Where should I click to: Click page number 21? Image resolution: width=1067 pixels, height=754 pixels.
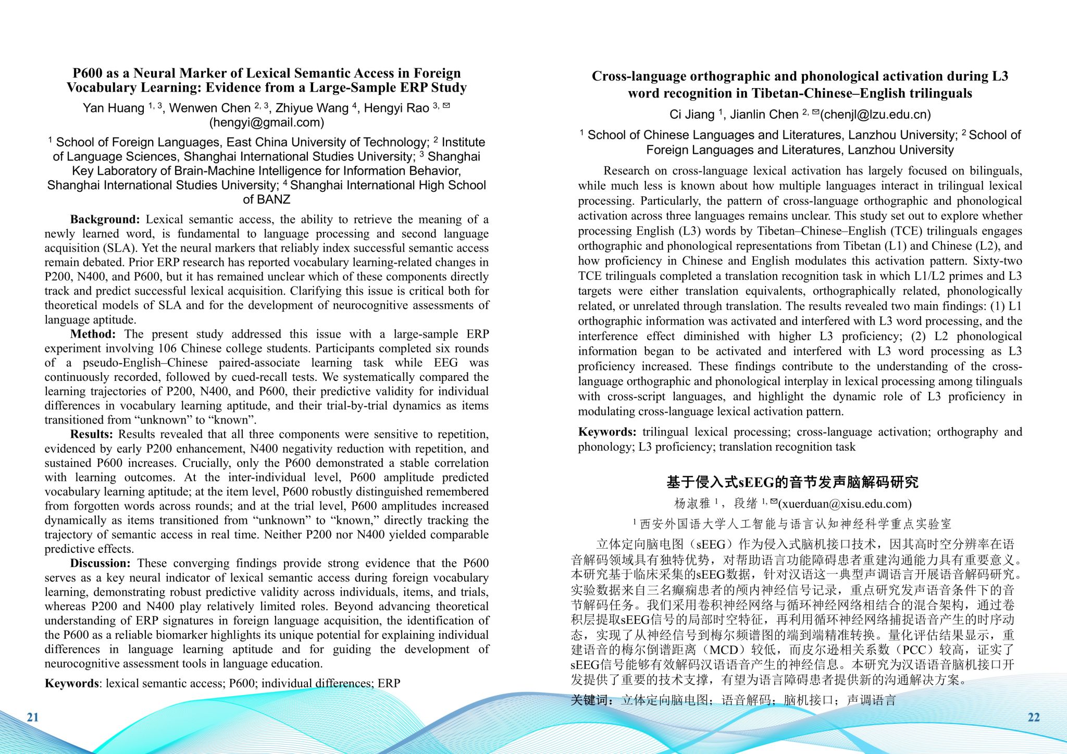(33, 717)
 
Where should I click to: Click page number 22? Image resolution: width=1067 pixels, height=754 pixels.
(1034, 717)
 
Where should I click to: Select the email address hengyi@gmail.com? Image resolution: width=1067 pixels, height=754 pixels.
(266, 122)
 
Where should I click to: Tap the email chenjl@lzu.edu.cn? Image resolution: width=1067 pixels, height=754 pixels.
(875, 114)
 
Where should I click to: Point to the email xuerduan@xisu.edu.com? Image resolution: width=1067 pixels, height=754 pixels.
(845, 503)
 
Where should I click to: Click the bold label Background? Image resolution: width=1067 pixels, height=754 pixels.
(105, 219)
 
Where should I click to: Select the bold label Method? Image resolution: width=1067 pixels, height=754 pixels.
(93, 334)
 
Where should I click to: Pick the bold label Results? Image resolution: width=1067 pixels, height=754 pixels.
(92, 434)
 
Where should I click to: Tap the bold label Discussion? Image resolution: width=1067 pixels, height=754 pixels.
(100, 563)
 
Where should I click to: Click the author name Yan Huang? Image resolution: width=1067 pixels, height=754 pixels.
(113, 108)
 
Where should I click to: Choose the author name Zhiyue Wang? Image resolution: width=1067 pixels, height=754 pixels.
(312, 108)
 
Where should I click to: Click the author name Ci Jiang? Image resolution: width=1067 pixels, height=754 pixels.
(691, 114)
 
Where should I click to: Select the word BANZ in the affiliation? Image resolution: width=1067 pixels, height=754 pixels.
(274, 199)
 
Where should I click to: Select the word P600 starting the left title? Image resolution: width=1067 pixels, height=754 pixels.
(87, 73)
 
